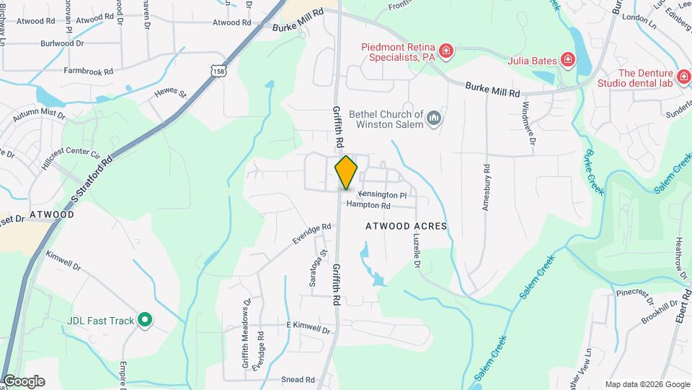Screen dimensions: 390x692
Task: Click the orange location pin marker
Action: (x=346, y=172)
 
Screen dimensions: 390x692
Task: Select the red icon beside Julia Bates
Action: (x=568, y=59)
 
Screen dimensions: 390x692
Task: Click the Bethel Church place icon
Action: (x=433, y=118)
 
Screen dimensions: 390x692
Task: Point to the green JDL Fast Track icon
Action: (x=144, y=319)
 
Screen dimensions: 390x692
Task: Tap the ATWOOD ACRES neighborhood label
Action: (x=406, y=226)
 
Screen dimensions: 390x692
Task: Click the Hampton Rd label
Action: (x=368, y=205)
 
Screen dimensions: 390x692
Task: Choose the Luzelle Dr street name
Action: (x=417, y=250)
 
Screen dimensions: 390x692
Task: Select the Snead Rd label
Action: (x=298, y=379)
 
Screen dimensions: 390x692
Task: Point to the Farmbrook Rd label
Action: (x=89, y=71)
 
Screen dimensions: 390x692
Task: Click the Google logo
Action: (x=23, y=381)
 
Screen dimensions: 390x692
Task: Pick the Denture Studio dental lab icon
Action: (x=683, y=75)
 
